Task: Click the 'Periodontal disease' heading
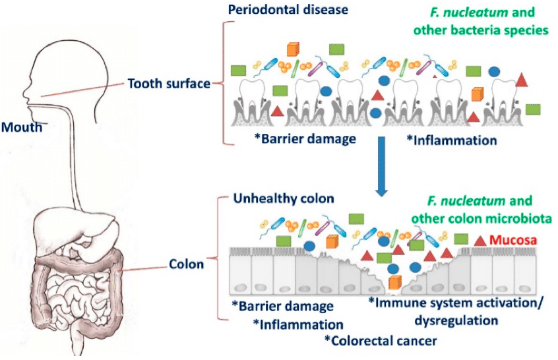288,10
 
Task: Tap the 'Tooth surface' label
169,84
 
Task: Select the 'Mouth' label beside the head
22,127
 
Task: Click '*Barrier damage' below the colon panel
282,307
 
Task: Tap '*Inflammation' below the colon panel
298,324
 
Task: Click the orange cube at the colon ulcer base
394,283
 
